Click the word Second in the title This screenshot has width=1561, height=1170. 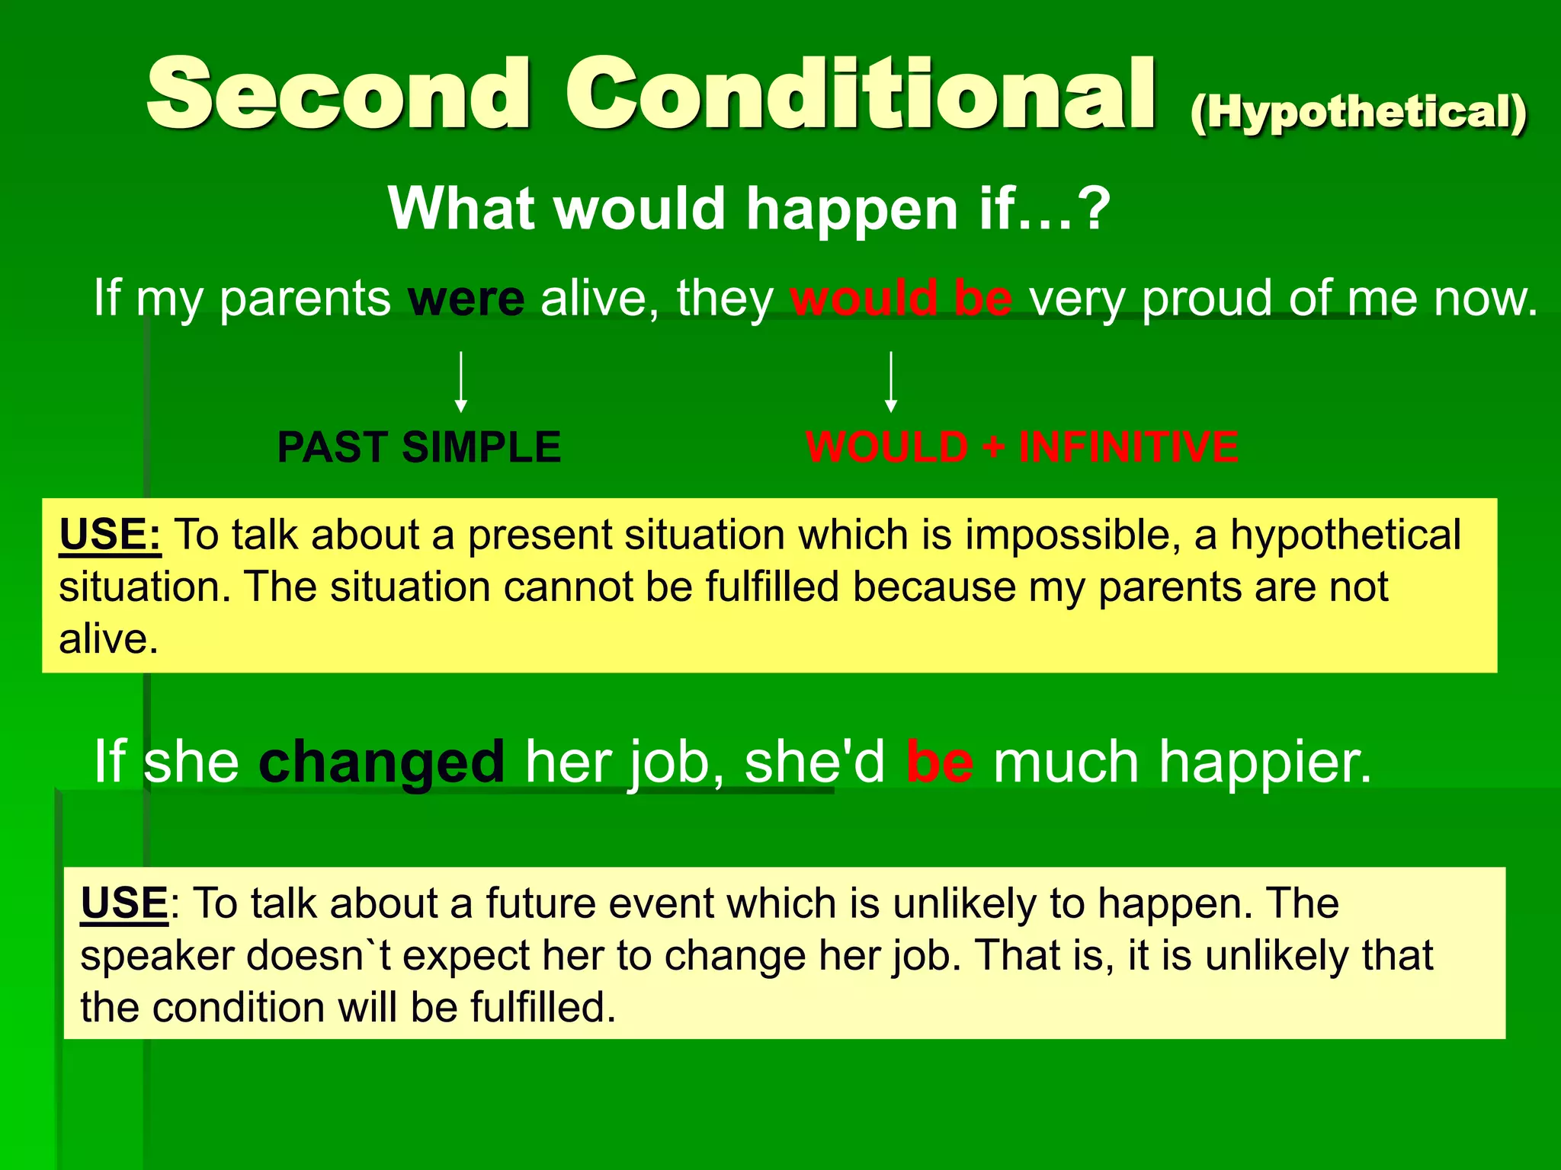[x=338, y=94]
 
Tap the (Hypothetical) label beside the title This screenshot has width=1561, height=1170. [x=1358, y=114]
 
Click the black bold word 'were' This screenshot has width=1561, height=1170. [x=466, y=299]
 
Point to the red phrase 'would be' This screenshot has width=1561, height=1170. [x=901, y=299]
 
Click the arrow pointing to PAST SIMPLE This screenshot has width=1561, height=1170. [x=460, y=382]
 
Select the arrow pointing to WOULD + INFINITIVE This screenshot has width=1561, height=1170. [x=890, y=382]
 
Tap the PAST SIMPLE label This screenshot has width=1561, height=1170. [x=419, y=447]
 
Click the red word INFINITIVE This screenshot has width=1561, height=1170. [x=1128, y=447]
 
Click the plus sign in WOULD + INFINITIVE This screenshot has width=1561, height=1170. [x=992, y=447]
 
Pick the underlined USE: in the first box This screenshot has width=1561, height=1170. [x=110, y=534]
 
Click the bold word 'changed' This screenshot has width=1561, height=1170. [x=381, y=761]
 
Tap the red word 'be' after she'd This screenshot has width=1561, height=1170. [x=939, y=761]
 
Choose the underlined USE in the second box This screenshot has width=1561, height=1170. [x=124, y=903]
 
